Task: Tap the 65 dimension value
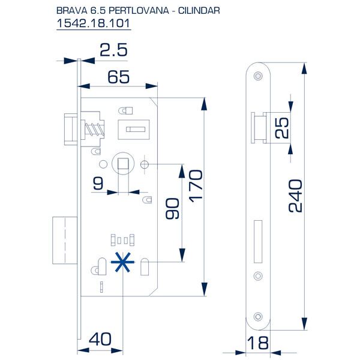pyautogui.click(x=118, y=76)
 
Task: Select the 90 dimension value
pyautogui.click(x=173, y=208)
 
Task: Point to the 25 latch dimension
pyautogui.click(x=283, y=127)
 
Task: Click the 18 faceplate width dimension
pyautogui.click(x=259, y=344)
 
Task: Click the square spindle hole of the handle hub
pyautogui.click(x=122, y=163)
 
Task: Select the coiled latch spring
pyautogui.click(x=95, y=127)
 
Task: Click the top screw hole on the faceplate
pyautogui.click(x=259, y=76)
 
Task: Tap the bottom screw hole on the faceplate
pyautogui.click(x=259, y=316)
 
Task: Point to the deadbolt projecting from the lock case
pyautogui.click(x=63, y=241)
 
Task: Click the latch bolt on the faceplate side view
pyautogui.click(x=257, y=127)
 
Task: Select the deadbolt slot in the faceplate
pyautogui.click(x=259, y=241)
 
